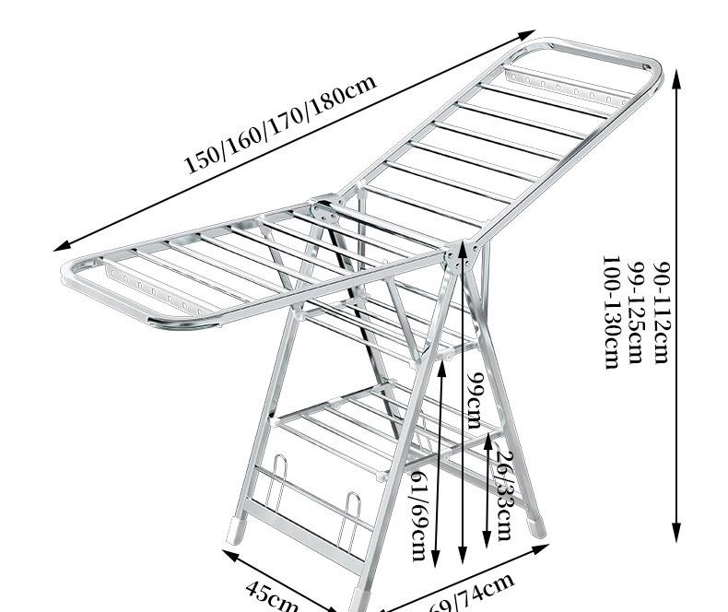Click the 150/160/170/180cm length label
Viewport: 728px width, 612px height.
pyautogui.click(x=280, y=124)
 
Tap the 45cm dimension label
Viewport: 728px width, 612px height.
pyautogui.click(x=273, y=594)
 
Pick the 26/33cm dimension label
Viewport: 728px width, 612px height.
pyautogui.click(x=503, y=494)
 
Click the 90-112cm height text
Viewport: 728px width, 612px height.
pyautogui.click(x=660, y=312)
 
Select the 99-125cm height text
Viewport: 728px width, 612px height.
pyautogui.click(x=635, y=312)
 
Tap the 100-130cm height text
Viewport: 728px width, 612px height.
pyautogui.click(x=610, y=312)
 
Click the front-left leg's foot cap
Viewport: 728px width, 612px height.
pyautogui.click(x=237, y=530)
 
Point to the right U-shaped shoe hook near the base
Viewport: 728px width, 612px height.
pyautogui.click(x=350, y=525)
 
